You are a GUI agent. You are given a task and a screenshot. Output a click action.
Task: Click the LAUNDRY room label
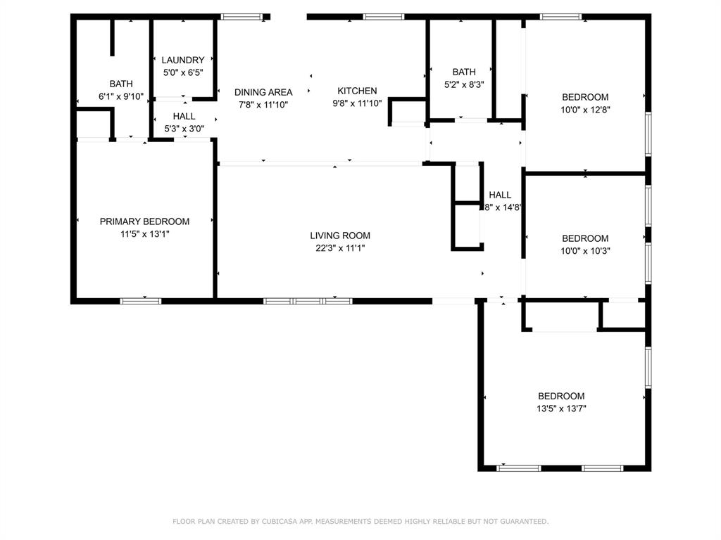(x=183, y=60)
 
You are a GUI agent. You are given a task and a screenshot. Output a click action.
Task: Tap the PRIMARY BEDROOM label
(x=144, y=221)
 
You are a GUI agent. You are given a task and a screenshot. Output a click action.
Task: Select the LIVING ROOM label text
(x=340, y=236)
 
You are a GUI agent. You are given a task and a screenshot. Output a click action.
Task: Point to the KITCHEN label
(x=357, y=91)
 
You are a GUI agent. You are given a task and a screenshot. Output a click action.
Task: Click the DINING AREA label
(x=263, y=92)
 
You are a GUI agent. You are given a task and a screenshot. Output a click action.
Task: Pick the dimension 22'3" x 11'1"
(x=340, y=247)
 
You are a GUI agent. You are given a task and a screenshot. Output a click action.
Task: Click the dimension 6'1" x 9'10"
(x=120, y=96)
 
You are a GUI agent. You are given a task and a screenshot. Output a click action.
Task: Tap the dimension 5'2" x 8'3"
(x=463, y=84)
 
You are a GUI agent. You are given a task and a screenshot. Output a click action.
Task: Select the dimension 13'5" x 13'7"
(x=561, y=408)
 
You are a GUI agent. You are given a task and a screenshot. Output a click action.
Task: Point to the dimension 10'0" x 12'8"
(x=584, y=109)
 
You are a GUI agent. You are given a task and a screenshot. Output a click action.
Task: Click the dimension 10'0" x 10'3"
(x=584, y=250)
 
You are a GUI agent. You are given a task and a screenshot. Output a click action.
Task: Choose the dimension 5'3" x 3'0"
(x=184, y=129)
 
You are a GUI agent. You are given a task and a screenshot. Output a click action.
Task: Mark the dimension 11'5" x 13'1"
(x=144, y=233)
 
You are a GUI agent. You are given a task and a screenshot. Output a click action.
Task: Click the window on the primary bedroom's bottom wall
(x=141, y=301)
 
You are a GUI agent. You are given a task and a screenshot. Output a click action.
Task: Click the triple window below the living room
(x=308, y=301)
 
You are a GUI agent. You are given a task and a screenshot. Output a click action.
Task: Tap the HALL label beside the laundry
(x=184, y=117)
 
